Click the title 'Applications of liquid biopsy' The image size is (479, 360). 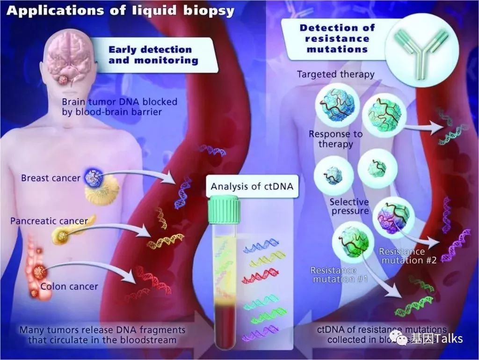point(120,11)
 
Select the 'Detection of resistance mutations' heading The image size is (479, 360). point(334,38)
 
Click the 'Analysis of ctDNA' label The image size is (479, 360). point(252,186)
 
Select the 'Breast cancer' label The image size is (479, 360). point(51,178)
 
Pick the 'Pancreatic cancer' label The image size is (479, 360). point(49,220)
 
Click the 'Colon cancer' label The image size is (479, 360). point(69,287)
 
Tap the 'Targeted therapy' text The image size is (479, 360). point(336,74)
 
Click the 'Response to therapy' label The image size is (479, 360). point(335,139)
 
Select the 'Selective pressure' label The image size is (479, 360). point(349,206)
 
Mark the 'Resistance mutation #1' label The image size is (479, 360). point(333,275)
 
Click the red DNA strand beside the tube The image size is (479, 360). point(261,278)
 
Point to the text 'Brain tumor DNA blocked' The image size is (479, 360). point(119,102)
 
